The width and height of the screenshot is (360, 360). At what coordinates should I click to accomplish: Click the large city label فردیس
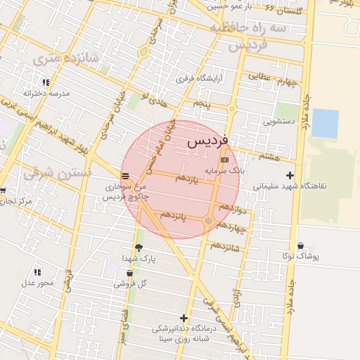[x=208, y=142]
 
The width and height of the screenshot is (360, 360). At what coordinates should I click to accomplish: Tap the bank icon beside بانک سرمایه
[x=224, y=160]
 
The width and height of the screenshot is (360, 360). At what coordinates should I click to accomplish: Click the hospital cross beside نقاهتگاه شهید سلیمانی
[x=290, y=175]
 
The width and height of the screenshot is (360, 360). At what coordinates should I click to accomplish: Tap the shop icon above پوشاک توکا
[x=301, y=246]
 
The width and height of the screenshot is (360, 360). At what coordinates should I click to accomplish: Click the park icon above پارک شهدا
[x=139, y=247]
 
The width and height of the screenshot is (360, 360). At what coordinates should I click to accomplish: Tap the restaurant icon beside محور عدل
[x=37, y=272]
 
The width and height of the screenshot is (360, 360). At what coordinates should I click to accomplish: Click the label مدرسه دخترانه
[x=37, y=93]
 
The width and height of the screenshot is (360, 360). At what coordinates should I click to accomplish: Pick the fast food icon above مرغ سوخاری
[x=125, y=176]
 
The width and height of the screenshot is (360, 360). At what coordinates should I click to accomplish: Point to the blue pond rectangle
[x=325, y=123]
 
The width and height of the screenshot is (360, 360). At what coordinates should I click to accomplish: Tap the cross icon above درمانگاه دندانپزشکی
[x=184, y=318]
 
